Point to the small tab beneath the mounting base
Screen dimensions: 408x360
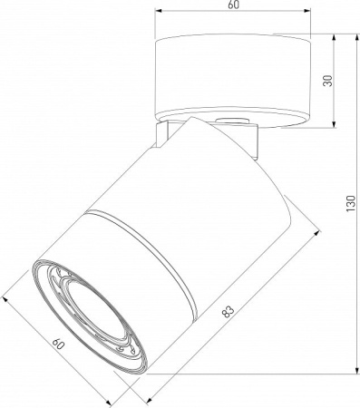tap(229, 121)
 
